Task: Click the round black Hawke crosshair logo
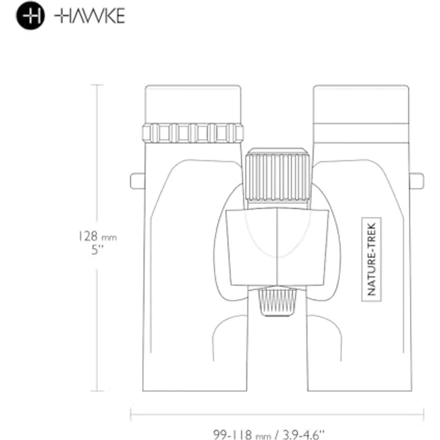tap(30, 16)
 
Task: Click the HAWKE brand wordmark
tap(90, 16)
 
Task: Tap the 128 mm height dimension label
tap(97, 236)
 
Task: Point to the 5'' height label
tap(97, 250)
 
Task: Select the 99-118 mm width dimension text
tap(242, 435)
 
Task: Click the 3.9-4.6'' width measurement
tap(303, 435)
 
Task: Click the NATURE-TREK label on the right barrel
tap(371, 259)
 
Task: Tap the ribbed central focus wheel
tap(277, 175)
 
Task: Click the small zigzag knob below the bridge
tap(277, 302)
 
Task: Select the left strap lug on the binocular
tap(137, 181)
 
